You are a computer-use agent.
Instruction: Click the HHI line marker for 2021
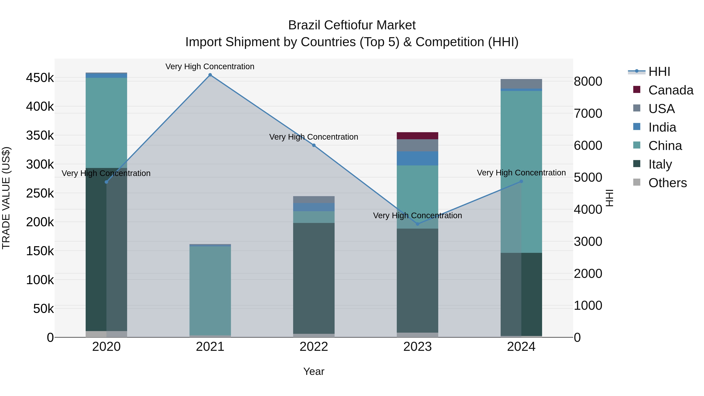coord(210,75)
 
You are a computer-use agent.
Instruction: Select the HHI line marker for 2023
coord(417,224)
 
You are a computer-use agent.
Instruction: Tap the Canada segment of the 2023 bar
coord(417,136)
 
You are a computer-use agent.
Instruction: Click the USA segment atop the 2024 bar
coord(521,84)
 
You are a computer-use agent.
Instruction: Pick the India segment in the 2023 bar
coord(417,159)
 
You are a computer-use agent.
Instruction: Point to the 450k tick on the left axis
coord(40,78)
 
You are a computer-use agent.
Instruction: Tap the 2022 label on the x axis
coord(313,347)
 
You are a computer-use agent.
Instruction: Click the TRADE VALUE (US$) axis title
coord(6,198)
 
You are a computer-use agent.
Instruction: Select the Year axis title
coord(313,371)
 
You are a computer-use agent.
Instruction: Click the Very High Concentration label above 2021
coord(210,66)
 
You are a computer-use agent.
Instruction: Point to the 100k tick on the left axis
coord(40,280)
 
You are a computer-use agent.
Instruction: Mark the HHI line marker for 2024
coord(521,181)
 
